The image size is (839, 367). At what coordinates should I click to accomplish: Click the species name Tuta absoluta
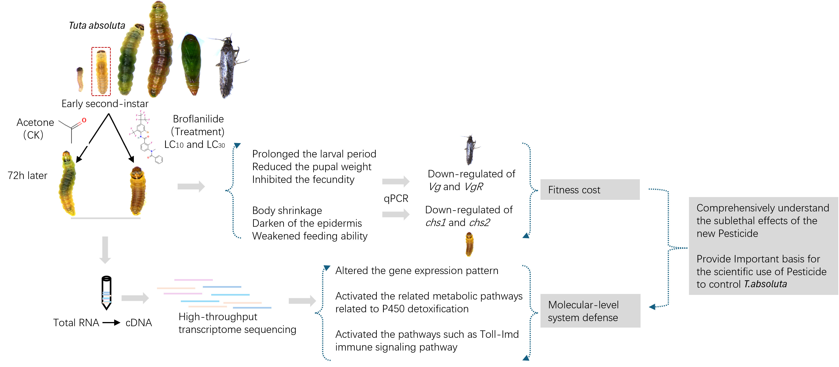(97, 26)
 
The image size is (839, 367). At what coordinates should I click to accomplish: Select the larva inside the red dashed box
(101, 72)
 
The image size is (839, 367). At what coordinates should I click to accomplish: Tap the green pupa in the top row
(192, 64)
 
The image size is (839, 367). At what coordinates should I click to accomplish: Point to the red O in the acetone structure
(84, 120)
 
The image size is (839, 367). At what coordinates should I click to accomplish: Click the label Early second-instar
(105, 104)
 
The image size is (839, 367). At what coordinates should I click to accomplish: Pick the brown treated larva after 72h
(138, 191)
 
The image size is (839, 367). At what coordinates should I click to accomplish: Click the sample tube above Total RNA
(107, 293)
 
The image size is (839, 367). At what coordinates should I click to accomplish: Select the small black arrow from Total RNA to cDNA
(111, 323)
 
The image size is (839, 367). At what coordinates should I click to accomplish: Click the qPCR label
(396, 198)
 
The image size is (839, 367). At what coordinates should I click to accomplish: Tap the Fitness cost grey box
(590, 190)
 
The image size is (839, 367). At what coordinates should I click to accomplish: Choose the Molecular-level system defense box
(590, 311)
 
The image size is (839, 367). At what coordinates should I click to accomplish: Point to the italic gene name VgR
(474, 187)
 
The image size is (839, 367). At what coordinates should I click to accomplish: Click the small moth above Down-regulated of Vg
(470, 150)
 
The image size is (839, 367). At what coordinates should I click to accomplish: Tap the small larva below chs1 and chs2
(469, 244)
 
